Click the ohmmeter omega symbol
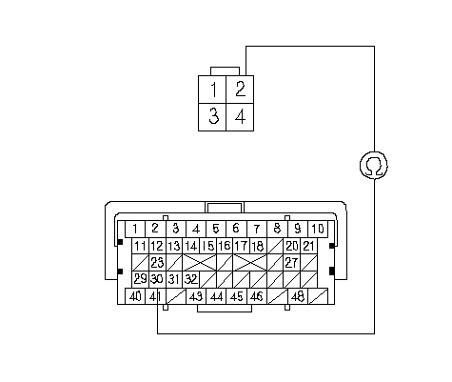[x=374, y=166]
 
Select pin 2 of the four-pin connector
[x=240, y=90]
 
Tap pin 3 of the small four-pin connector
[x=212, y=117]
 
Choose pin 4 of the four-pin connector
[x=240, y=117]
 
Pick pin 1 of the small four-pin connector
[x=212, y=90]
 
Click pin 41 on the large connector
[x=155, y=296]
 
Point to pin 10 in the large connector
[x=318, y=229]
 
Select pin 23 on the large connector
[x=157, y=262]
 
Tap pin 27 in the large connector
[x=291, y=262]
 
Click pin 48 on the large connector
[x=298, y=296]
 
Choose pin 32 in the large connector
[x=191, y=279]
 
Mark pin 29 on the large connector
[x=140, y=279]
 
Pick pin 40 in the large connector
[x=135, y=296]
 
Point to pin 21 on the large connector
[x=308, y=246]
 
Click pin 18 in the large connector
[x=258, y=246]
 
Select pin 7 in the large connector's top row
[x=257, y=229]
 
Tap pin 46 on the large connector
[x=257, y=296]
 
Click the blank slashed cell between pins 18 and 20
[x=275, y=246]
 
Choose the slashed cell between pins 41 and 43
[x=176, y=296]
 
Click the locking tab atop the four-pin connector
[x=225, y=71]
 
